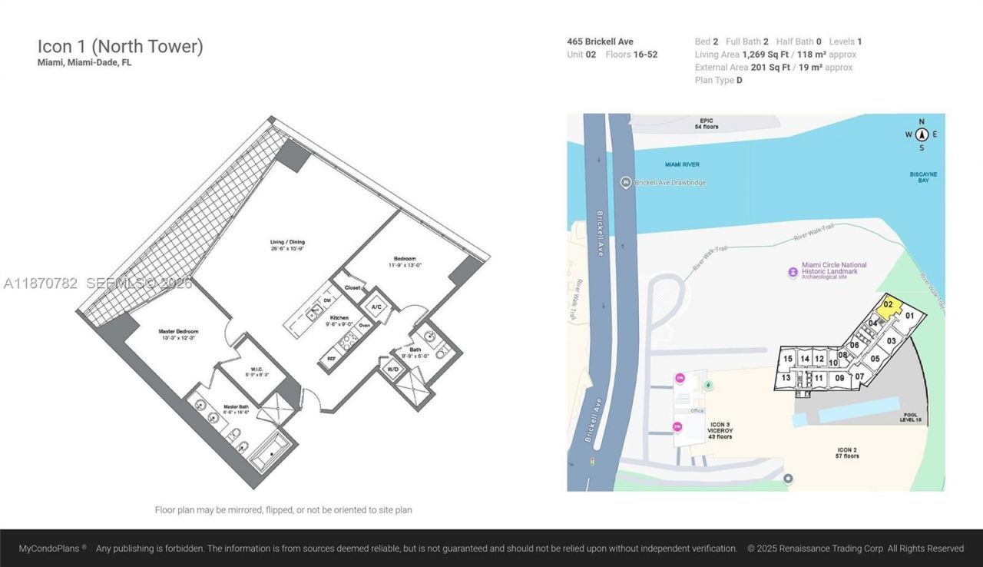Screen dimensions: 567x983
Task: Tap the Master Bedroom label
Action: click(178, 335)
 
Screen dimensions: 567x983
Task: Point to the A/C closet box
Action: click(376, 307)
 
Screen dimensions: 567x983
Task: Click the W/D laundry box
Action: click(392, 369)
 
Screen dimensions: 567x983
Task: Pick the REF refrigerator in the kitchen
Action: click(331, 358)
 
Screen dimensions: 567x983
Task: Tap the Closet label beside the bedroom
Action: click(352, 288)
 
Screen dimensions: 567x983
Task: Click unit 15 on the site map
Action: click(787, 359)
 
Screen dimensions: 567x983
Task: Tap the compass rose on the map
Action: click(922, 134)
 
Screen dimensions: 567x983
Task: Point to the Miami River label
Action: click(683, 164)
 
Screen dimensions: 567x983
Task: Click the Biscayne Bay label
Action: click(923, 177)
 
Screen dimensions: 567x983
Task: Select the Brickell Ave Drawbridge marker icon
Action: click(626, 182)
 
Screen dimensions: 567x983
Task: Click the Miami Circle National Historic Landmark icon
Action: click(793, 272)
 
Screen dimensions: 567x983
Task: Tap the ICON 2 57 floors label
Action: click(847, 453)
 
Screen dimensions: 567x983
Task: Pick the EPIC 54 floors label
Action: click(707, 124)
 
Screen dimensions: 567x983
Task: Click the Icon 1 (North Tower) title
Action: click(121, 46)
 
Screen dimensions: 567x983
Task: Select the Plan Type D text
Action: click(718, 80)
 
